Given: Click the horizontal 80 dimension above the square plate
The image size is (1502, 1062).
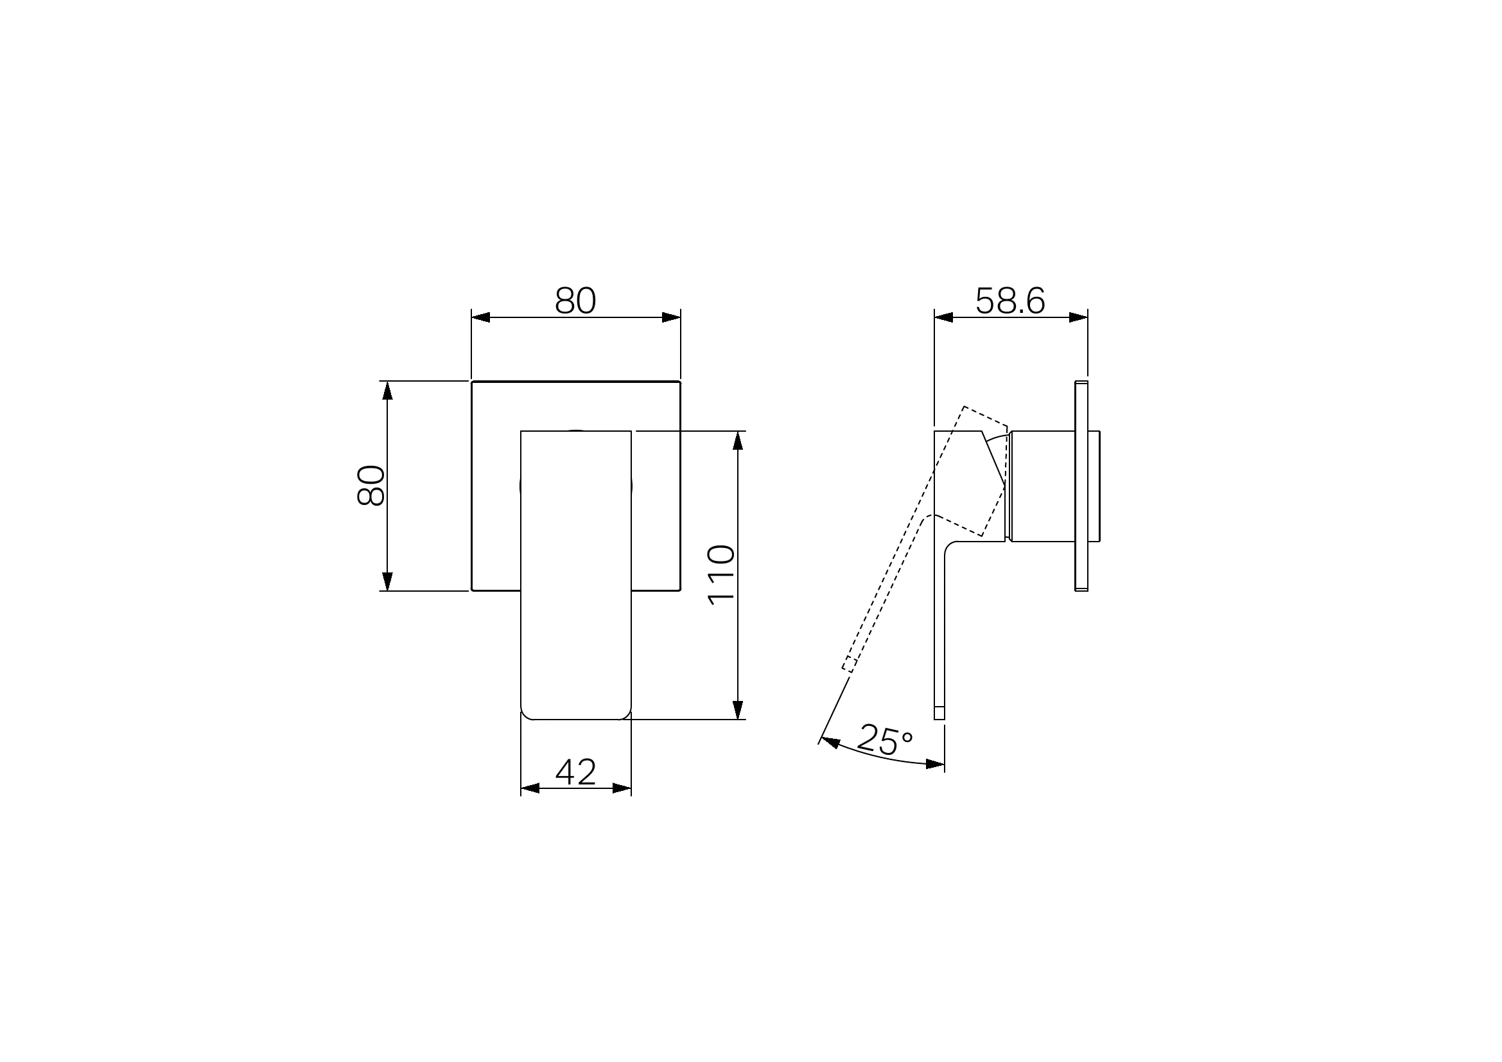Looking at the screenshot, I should [x=575, y=302].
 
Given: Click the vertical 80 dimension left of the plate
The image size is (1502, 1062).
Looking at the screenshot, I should [x=371, y=486].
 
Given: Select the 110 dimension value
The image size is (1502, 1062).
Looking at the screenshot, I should [x=722, y=574].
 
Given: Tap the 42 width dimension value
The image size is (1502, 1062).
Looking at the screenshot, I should [x=575, y=772].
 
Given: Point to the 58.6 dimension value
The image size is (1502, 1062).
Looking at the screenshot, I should [x=1010, y=302].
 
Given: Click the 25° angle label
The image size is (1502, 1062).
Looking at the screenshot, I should [x=884, y=739].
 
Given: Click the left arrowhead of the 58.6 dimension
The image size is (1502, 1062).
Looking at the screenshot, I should [x=943, y=317].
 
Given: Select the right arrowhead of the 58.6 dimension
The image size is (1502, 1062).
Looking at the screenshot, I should [x=1079, y=317].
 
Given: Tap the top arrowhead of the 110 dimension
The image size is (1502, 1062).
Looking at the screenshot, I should [x=738, y=440].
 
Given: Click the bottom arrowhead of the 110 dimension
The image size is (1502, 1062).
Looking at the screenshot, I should [x=738, y=710].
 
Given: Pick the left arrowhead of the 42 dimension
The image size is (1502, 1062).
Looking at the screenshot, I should [x=530, y=788].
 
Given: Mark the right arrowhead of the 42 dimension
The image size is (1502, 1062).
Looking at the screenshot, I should [x=622, y=788].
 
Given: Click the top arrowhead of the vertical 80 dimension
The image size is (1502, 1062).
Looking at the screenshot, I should [x=387, y=391].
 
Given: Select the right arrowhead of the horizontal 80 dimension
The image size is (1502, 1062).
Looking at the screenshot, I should [x=671, y=317].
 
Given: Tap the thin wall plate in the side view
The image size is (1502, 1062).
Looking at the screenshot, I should [x=1081, y=486].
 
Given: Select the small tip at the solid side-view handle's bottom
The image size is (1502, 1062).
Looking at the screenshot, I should [x=939, y=713].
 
